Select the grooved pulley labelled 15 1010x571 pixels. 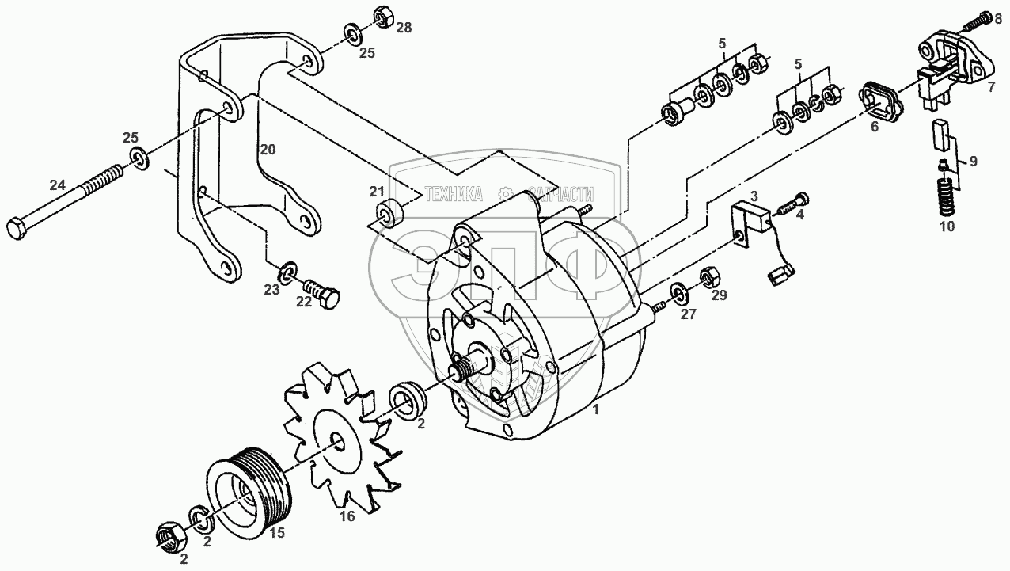tap(249, 491)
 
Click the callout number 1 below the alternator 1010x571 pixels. tap(596, 409)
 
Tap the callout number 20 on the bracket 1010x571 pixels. tap(268, 148)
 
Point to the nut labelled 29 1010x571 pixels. tap(708, 279)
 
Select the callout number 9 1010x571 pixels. tap(972, 161)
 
